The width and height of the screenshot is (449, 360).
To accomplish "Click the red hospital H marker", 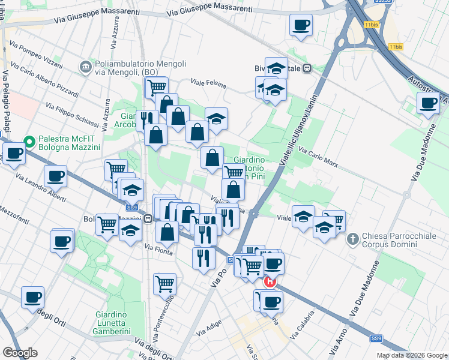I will (270, 281).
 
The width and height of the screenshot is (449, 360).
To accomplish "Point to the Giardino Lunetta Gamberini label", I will (120, 323).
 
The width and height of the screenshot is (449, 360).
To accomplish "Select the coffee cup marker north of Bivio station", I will (301, 25).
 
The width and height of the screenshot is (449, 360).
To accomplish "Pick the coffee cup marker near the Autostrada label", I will (428, 103).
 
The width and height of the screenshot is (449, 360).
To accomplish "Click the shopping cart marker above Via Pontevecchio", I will (164, 283).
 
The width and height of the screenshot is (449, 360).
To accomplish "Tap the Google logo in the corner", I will (20, 352).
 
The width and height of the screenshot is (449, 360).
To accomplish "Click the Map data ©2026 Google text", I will (411, 355).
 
